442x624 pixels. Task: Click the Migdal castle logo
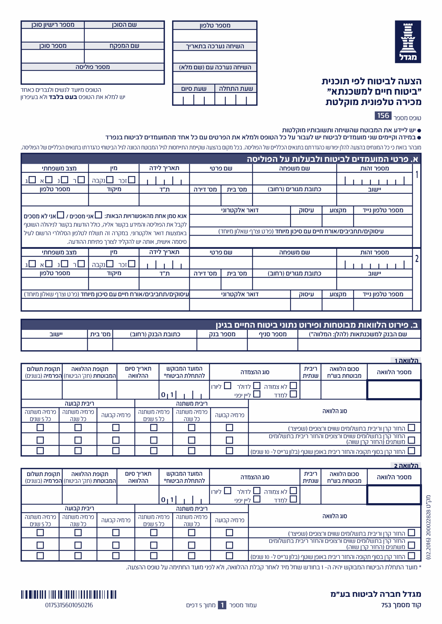[408, 41]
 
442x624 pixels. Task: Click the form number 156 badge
[383, 116]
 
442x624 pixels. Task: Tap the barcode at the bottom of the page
[69, 595]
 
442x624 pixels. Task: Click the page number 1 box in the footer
[222, 605]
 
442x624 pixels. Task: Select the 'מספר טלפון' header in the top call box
[215, 25]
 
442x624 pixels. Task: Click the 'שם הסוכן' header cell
[124, 25]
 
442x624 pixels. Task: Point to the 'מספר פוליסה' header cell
[93, 67]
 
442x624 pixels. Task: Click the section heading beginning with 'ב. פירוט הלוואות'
[316, 325]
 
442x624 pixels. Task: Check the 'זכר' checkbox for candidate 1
[132, 180]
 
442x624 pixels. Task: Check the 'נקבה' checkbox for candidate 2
[110, 264]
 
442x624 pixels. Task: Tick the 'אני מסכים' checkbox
[98, 215]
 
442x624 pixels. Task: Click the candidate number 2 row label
[417, 259]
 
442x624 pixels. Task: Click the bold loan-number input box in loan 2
[394, 495]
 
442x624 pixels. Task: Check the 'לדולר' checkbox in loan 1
[257, 386]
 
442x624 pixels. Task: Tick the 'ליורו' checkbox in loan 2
[228, 491]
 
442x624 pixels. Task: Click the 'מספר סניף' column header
[272, 334]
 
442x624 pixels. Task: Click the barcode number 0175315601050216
[69, 605]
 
